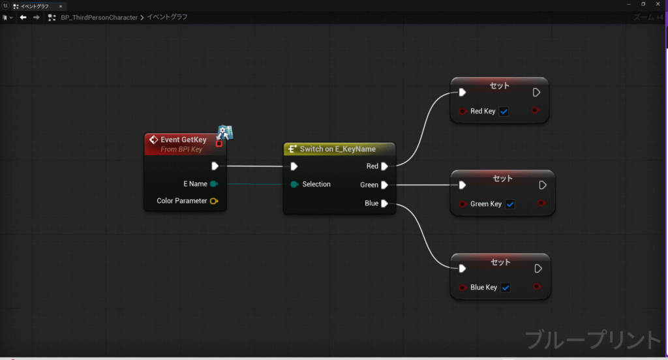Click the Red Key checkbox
(x=504, y=111)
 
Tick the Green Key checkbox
(x=510, y=204)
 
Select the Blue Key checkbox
(x=506, y=288)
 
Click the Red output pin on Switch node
(x=384, y=166)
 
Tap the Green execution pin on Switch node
(x=384, y=185)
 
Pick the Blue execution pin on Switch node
(x=384, y=203)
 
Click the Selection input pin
(x=294, y=185)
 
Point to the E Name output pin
(x=214, y=184)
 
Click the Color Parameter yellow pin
(x=214, y=201)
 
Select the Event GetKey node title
(x=183, y=140)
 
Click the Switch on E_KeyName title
(x=338, y=149)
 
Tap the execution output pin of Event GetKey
(x=215, y=166)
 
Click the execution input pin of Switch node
(x=294, y=166)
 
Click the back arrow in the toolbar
(x=23, y=18)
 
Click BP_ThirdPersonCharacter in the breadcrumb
(x=99, y=18)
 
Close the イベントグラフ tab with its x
(x=61, y=7)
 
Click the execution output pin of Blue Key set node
(x=538, y=269)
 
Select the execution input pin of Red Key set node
(x=463, y=93)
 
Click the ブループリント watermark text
(x=592, y=340)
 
